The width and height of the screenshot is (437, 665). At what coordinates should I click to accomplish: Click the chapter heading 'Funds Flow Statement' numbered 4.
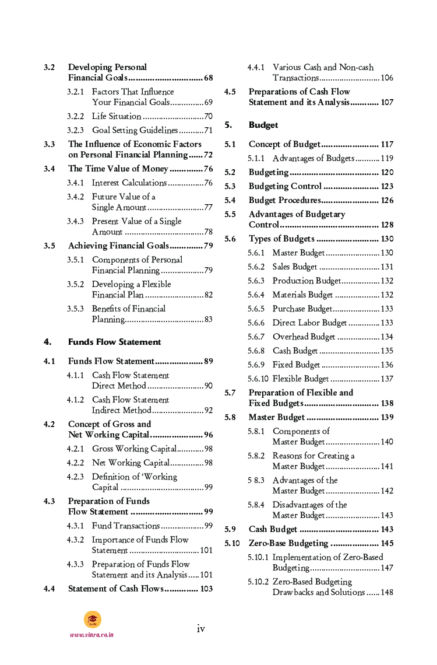(114, 342)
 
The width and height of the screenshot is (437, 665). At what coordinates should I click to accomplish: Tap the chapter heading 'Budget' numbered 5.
(263, 125)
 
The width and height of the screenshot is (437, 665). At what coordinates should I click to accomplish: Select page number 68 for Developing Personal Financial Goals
(208, 78)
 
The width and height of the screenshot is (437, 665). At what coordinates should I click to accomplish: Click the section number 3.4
(50, 169)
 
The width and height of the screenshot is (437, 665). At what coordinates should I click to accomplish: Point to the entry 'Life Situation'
(117, 116)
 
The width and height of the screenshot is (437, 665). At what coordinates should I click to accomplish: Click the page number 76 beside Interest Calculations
(208, 183)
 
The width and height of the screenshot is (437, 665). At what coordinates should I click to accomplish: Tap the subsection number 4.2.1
(75, 449)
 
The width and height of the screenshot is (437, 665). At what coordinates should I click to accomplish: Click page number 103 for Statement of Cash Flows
(206, 589)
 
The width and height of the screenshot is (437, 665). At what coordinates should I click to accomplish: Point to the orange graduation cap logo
(92, 619)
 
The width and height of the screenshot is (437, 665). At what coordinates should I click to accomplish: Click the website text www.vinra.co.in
(91, 635)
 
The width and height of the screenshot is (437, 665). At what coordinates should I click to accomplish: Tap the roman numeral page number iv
(200, 628)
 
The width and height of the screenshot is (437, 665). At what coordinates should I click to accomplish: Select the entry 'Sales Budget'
(295, 267)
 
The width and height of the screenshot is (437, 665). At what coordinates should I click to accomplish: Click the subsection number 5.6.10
(258, 379)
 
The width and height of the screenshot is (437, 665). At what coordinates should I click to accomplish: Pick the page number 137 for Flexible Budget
(387, 379)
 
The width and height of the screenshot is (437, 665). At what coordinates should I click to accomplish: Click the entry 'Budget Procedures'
(284, 200)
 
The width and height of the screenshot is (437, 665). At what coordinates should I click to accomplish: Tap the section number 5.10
(232, 543)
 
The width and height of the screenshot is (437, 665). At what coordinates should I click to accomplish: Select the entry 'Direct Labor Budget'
(309, 323)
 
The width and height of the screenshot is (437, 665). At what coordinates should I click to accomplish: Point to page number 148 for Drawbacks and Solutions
(387, 592)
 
